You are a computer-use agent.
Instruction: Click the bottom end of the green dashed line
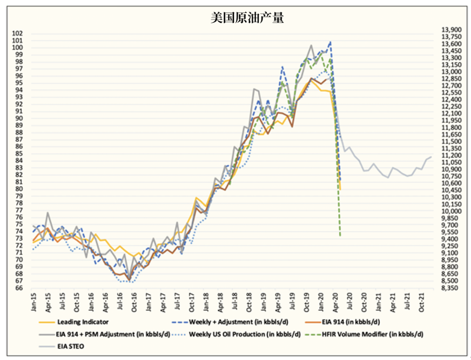pos(340,236)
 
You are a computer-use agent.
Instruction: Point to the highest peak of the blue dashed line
pos(330,42)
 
